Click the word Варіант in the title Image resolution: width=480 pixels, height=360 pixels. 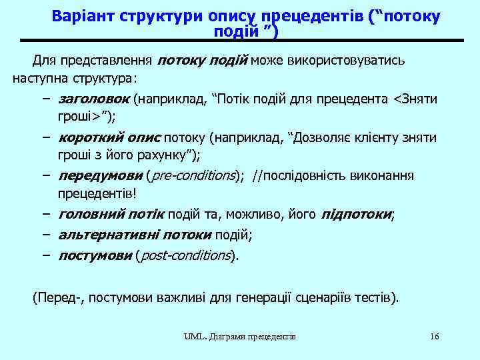pyautogui.click(x=83, y=16)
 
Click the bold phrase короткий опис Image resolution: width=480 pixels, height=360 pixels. pyautogui.click(x=109, y=138)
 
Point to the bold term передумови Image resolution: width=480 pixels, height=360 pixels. pyautogui.click(x=100, y=176)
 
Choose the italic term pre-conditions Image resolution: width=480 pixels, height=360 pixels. pyautogui.click(x=192, y=176)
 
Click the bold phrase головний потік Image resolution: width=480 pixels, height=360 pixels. pyautogui.click(x=112, y=215)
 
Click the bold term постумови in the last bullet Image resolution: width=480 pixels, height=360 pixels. pyautogui.click(x=95, y=255)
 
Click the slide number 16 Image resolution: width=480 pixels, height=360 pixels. pyautogui.click(x=434, y=336)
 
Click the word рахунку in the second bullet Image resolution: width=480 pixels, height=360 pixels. pyautogui.click(x=161, y=155)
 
